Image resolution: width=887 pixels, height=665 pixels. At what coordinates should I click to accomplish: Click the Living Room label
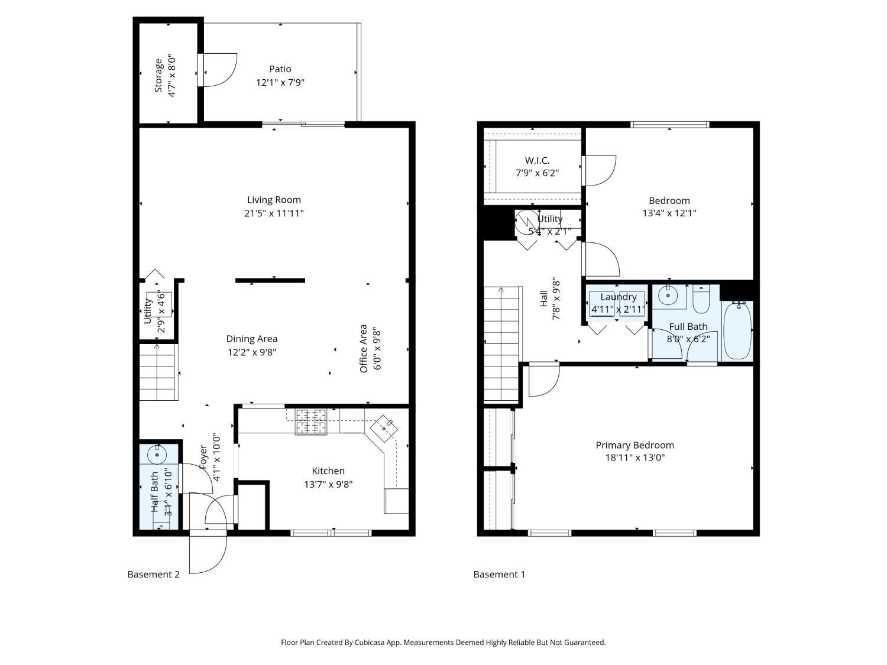274,200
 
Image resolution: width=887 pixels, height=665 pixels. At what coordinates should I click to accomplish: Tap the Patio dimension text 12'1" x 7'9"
280,83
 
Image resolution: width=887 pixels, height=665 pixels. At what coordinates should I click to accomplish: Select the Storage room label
158,75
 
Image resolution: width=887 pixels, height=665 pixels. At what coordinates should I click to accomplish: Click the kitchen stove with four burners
311,421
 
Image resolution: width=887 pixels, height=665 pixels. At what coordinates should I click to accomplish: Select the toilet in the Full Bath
701,300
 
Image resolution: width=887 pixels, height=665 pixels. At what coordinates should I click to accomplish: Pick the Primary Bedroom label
635,445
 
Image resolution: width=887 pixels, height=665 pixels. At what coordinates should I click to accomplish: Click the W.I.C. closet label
537,160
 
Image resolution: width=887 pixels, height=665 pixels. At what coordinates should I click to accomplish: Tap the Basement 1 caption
499,574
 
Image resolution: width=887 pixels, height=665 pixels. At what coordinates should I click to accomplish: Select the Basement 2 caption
153,574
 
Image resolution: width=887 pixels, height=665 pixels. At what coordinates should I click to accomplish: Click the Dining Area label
252,339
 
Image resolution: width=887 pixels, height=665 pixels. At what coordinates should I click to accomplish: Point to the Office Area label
364,348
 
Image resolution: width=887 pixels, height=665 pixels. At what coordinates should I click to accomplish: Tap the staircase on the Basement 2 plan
158,372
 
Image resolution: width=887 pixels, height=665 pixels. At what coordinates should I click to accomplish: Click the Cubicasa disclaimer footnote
443,642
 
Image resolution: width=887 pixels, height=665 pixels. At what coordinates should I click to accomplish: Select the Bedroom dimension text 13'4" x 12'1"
669,213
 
